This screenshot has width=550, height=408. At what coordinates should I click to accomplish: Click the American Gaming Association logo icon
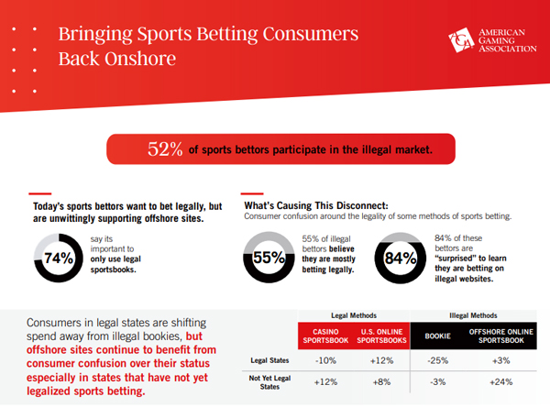461,40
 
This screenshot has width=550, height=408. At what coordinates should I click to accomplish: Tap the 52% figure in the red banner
165,149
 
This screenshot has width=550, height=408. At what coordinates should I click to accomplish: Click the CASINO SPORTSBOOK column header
325,336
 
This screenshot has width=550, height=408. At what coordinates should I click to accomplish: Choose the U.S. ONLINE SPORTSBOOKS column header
381,336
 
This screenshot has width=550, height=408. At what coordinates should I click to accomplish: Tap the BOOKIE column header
438,336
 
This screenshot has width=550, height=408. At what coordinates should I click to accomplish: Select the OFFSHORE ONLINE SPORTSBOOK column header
501,336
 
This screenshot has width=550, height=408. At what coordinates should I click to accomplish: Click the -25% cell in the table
438,360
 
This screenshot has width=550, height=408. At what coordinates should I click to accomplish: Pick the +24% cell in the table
501,382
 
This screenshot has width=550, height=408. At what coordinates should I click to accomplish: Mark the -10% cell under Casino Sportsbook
325,360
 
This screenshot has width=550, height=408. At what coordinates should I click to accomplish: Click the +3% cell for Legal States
501,360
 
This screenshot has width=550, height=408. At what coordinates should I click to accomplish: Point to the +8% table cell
381,382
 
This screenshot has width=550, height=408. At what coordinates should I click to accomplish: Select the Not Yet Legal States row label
269,382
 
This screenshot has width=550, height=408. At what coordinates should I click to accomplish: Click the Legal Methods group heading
354,315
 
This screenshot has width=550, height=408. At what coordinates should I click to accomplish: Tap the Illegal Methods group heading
473,315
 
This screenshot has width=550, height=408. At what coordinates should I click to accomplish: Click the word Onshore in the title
140,59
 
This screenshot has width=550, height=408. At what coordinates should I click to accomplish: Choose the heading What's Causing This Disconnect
316,205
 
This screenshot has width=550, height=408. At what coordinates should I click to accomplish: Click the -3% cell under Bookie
438,382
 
